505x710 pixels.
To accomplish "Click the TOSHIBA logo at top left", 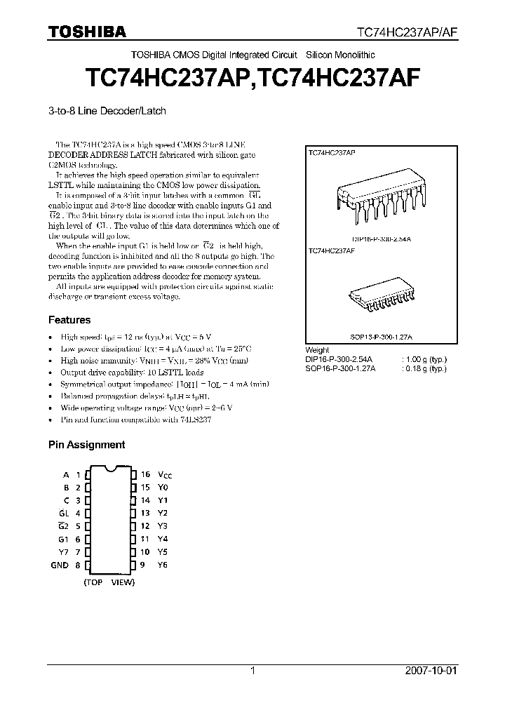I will point(87,32).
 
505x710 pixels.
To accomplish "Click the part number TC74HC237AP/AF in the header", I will point(408,32).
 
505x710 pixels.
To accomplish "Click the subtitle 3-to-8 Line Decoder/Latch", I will point(107,111).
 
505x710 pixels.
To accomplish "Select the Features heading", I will point(69,320).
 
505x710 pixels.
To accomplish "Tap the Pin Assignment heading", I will point(86,444).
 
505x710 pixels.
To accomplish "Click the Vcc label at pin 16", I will point(164,475).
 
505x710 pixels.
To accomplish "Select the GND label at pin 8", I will point(60,565).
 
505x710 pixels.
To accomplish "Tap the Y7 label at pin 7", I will point(64,552).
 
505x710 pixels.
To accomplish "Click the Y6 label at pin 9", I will point(163,565).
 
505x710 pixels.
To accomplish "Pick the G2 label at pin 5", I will point(63,526).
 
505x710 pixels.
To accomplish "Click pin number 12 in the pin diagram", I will point(145,526).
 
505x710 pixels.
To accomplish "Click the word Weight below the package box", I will point(318,350).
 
